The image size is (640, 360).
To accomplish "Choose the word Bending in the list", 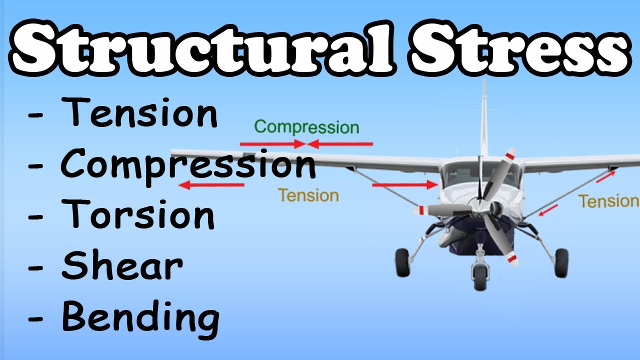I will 140,317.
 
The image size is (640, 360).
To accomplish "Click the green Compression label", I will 306,127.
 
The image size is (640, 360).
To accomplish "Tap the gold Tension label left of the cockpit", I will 308,195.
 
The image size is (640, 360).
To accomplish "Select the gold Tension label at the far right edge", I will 608,201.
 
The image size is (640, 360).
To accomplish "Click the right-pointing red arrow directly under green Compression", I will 272,144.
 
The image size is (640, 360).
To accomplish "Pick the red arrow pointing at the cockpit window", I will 404,185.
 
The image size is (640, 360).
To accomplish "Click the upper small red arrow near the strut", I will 605,176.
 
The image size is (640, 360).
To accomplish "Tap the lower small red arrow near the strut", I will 548,210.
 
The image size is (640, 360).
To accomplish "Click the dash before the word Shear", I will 36,267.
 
